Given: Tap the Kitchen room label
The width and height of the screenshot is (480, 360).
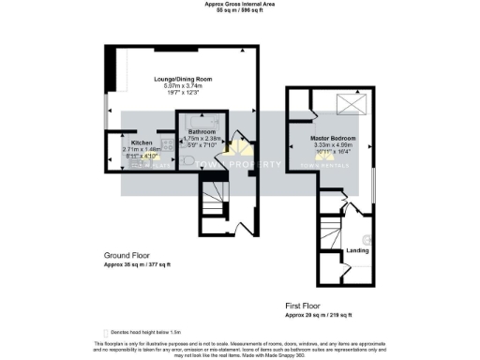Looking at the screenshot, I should [x=127, y=142].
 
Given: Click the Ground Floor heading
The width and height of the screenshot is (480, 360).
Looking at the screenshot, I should [x=127, y=255].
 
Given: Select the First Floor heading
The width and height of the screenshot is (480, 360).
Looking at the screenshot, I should [x=306, y=306].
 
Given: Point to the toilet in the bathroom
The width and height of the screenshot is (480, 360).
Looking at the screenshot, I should [x=191, y=162].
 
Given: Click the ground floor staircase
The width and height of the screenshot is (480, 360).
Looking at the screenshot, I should [x=213, y=201].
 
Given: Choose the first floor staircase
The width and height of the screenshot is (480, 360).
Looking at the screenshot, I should [x=329, y=240].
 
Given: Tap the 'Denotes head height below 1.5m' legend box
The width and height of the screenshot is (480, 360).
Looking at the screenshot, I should [x=105, y=333].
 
